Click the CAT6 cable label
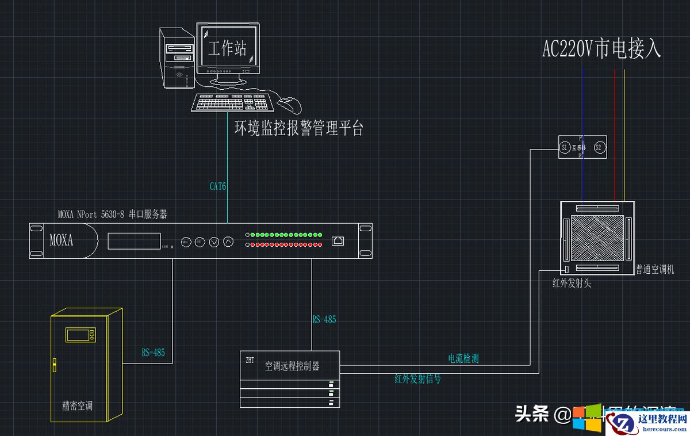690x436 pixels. click(x=218, y=186)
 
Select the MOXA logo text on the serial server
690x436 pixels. click(x=62, y=240)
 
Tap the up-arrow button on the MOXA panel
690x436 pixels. click(x=228, y=242)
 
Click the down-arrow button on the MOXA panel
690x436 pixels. click(x=214, y=242)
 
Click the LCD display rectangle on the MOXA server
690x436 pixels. click(x=134, y=241)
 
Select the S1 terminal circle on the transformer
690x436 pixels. click(x=565, y=148)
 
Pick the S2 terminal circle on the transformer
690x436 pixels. click(x=598, y=148)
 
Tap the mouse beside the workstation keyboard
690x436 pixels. click(x=290, y=105)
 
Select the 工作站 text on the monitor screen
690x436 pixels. click(x=228, y=48)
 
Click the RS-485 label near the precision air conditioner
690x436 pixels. click(x=154, y=352)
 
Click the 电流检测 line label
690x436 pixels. click(x=463, y=358)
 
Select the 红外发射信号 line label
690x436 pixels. click(x=417, y=378)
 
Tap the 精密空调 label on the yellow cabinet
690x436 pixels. click(x=77, y=406)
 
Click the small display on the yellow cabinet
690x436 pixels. click(x=80, y=335)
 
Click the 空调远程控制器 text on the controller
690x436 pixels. click(x=292, y=366)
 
